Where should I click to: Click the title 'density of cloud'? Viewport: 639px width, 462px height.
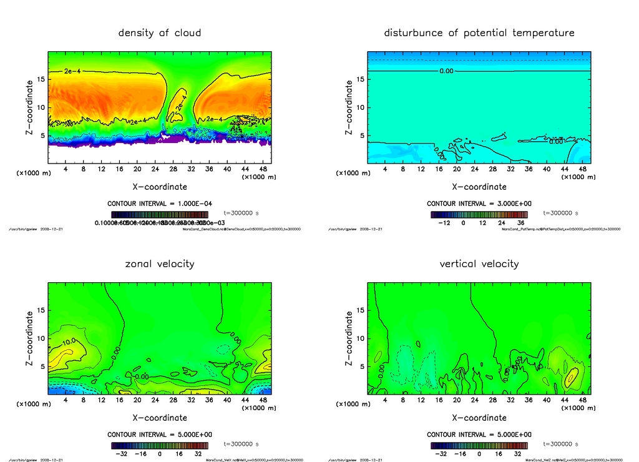[x=160, y=32]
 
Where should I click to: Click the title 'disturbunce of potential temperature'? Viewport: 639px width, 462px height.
[x=479, y=32]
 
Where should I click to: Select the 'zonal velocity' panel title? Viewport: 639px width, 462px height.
[x=160, y=263]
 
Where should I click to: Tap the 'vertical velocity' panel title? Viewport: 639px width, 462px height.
[x=479, y=263]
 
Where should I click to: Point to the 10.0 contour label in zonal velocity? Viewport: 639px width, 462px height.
[x=69, y=342]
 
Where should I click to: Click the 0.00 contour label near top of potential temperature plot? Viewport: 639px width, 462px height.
[x=446, y=71]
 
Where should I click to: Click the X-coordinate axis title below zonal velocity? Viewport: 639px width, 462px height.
[x=160, y=418]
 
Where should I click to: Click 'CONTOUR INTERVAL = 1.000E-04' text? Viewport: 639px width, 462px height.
[x=160, y=204]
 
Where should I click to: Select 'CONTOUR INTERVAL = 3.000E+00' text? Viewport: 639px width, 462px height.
[x=479, y=204]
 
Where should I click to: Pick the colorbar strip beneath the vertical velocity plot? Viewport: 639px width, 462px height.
[x=479, y=446]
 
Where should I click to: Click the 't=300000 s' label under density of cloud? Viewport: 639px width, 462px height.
[x=241, y=213]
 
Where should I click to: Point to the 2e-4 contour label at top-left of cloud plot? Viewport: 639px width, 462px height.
[x=72, y=72]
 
